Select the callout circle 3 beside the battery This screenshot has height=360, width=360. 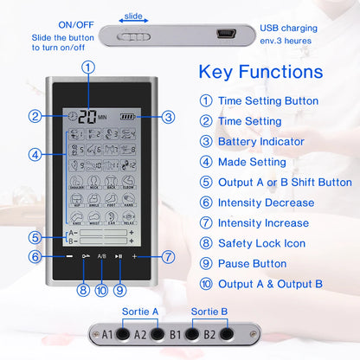(169, 117)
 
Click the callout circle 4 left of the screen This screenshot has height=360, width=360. (34, 155)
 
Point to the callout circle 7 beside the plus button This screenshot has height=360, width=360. (169, 256)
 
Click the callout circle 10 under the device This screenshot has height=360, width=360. (101, 291)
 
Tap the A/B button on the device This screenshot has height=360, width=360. (101, 257)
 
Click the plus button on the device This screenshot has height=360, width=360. (136, 257)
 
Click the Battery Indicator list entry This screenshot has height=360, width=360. (260, 141)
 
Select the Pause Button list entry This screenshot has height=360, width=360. (252, 263)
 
